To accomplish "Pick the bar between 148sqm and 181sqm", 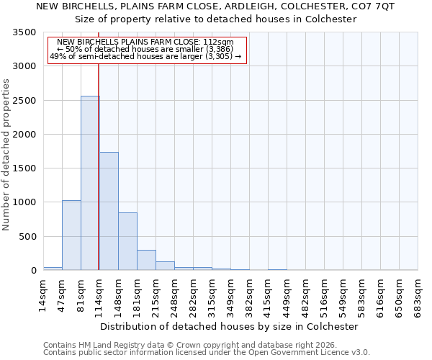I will coord(127,241).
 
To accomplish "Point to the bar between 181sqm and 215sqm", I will coord(146,260).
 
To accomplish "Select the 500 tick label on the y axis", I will coord(29,237).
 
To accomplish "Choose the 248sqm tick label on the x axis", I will coord(174,293).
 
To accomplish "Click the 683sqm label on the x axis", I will coord(418,293).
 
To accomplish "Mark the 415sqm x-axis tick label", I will coord(268,293).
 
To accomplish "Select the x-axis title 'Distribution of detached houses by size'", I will coord(229,326).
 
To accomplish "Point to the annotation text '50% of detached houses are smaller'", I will coord(148,49).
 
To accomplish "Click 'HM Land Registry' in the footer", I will coord(108,345).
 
